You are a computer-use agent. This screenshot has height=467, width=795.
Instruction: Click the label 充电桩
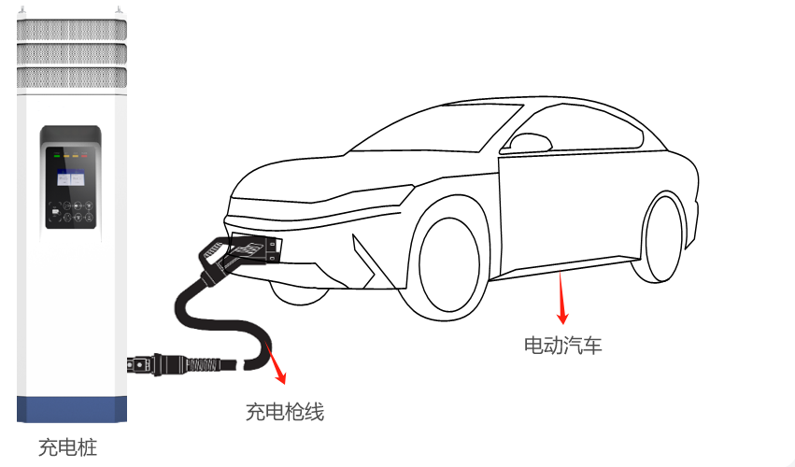point(67,447)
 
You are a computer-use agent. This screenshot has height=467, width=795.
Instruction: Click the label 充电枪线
point(285,410)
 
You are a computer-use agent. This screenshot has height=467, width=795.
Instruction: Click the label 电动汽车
point(562,346)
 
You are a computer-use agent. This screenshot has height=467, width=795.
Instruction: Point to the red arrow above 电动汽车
point(561,296)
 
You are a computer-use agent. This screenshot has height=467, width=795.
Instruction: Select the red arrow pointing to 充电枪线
point(277,365)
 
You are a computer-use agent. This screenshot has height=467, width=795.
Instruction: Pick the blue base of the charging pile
point(72,409)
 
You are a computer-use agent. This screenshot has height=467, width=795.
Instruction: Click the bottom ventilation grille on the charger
point(72,76)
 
